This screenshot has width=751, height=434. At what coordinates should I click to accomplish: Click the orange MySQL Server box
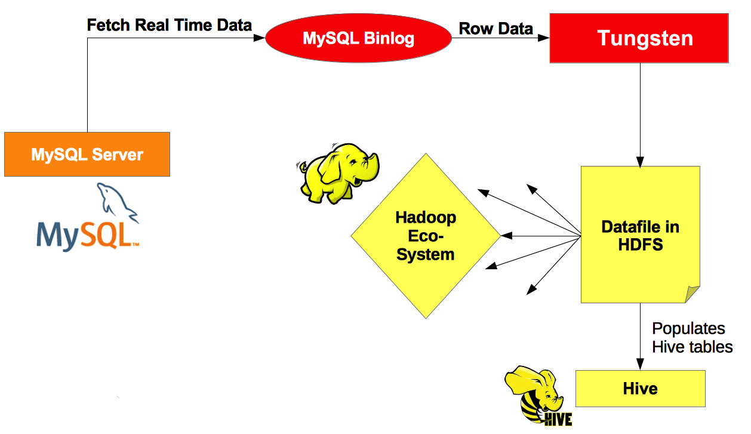coord(87,154)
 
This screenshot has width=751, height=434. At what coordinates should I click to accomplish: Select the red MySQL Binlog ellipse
coord(358,38)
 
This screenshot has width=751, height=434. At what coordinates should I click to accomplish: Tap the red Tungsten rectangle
coord(639,38)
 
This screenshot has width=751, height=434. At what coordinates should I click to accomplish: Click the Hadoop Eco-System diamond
coord(426,236)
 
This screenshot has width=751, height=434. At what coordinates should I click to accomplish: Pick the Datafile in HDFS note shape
coord(641,235)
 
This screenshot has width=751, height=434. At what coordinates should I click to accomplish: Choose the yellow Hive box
coord(641,389)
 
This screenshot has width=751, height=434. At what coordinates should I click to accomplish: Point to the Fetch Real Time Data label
coord(170,25)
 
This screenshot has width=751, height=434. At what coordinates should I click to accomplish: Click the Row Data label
coord(496,29)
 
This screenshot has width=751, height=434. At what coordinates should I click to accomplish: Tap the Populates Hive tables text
coord(692,337)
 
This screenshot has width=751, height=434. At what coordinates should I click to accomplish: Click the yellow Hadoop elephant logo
coord(338,173)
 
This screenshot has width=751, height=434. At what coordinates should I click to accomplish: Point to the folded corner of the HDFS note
coord(692,294)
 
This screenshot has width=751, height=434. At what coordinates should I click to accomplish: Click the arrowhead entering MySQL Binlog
coord(259,38)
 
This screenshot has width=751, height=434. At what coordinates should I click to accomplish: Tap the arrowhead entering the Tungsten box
coord(543,38)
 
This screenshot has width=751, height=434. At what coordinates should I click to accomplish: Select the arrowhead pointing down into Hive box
coord(640,364)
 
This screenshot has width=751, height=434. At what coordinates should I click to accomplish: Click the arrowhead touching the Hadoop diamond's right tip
coord(507,236)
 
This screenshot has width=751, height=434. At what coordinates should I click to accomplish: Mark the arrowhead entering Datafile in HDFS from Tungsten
coord(640,162)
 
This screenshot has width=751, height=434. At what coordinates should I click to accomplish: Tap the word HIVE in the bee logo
coord(558,419)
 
